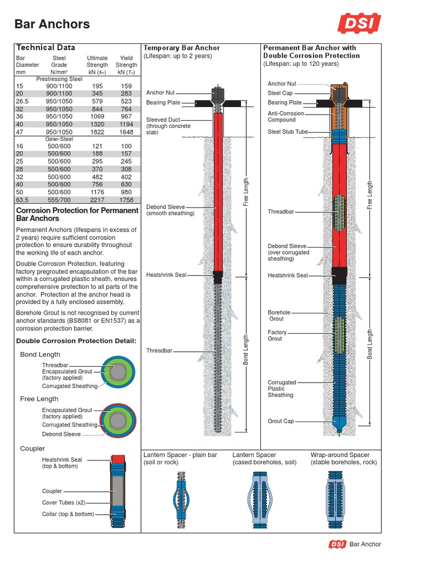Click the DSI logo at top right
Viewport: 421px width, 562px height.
tap(360, 24)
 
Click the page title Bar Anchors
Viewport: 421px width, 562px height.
tap(52, 24)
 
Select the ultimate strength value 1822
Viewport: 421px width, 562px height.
tap(96, 132)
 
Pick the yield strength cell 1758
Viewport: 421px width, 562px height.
tap(126, 200)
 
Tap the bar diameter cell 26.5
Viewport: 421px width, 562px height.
tap(22, 102)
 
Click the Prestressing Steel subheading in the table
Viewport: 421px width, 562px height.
tap(59, 78)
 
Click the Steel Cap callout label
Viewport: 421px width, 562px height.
tap(280, 93)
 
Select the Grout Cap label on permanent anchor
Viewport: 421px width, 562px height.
tap(281, 421)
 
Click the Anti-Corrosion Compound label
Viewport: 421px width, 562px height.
tap(286, 116)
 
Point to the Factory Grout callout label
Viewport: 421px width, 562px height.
tap(277, 335)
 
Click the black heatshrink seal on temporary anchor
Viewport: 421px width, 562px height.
tap(218, 277)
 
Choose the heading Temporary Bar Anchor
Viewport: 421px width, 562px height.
tap(181, 48)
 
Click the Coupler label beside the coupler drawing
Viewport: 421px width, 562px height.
tap(52, 491)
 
